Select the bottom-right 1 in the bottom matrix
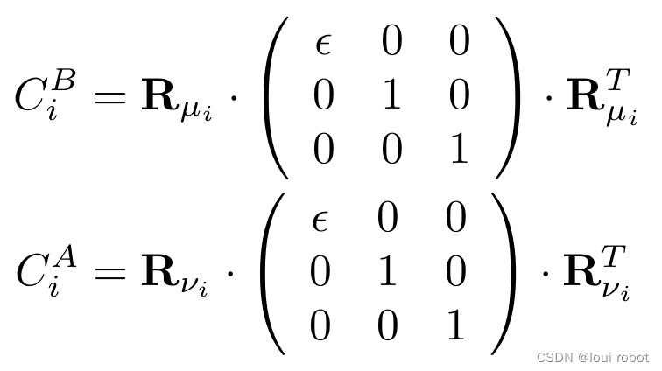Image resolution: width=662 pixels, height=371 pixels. tap(454, 325)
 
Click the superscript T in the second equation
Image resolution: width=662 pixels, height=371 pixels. tap(615, 256)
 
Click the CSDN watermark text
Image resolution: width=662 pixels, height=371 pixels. tap(593, 357)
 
